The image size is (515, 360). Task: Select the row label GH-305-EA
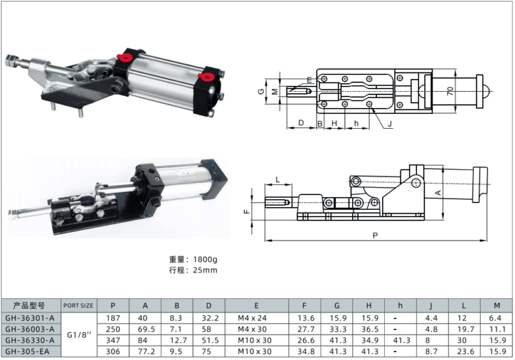30,351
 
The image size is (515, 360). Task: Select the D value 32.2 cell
209,318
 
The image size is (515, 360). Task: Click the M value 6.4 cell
496,318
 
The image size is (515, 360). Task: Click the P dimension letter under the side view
375,235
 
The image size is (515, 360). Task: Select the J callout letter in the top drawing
390,124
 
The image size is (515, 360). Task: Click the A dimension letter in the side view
438,192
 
